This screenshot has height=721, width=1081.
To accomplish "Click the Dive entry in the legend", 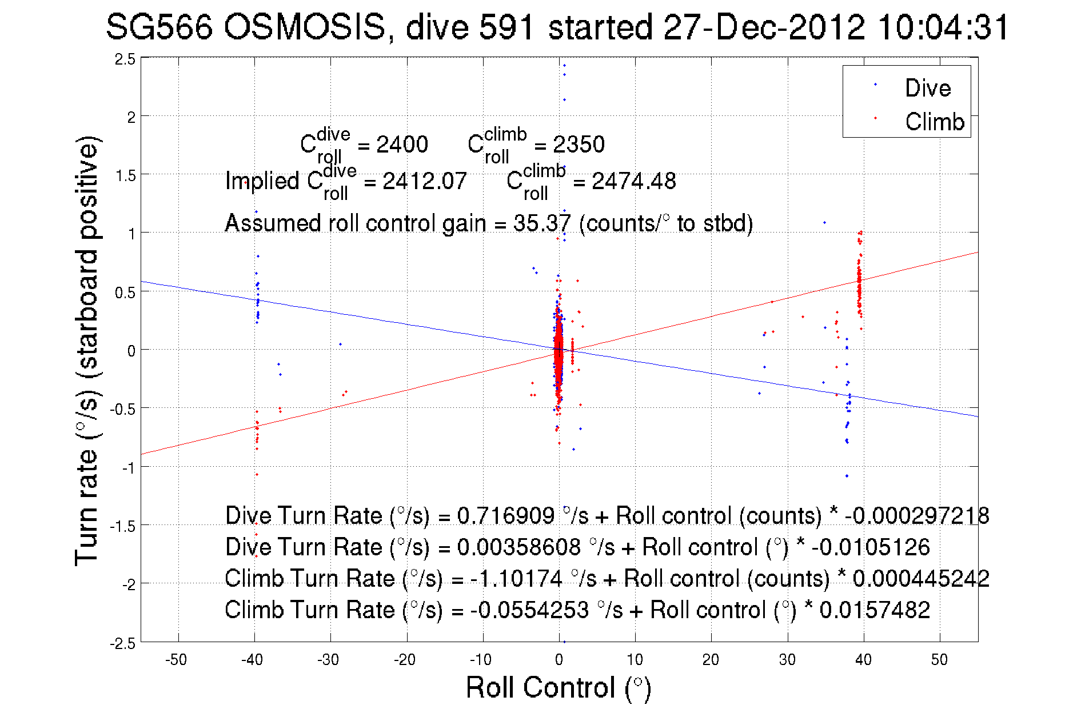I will click(x=927, y=88).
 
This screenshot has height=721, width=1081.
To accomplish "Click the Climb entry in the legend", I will click(x=934, y=122).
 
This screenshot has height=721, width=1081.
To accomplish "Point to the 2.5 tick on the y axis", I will click(x=126, y=59).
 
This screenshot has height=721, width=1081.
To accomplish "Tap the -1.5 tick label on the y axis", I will click(x=124, y=526).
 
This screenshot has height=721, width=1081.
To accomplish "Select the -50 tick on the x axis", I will click(x=176, y=660).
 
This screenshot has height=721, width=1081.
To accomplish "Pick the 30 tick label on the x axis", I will click(x=787, y=660).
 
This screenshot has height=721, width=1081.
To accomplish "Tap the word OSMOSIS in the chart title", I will click(x=305, y=27).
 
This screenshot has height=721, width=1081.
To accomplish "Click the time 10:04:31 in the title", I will click(x=943, y=27).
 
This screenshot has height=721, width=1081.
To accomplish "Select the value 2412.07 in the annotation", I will click(x=424, y=182).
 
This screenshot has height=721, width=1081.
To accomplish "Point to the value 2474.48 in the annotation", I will click(x=633, y=182).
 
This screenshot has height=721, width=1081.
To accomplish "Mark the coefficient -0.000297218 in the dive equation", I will click(x=917, y=516).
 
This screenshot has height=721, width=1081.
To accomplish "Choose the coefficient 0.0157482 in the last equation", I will click(x=875, y=610).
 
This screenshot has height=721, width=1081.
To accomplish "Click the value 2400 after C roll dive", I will click(x=402, y=145).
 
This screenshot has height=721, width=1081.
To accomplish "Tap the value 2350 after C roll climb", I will click(x=579, y=145).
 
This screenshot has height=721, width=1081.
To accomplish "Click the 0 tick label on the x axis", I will click(x=559, y=660).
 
